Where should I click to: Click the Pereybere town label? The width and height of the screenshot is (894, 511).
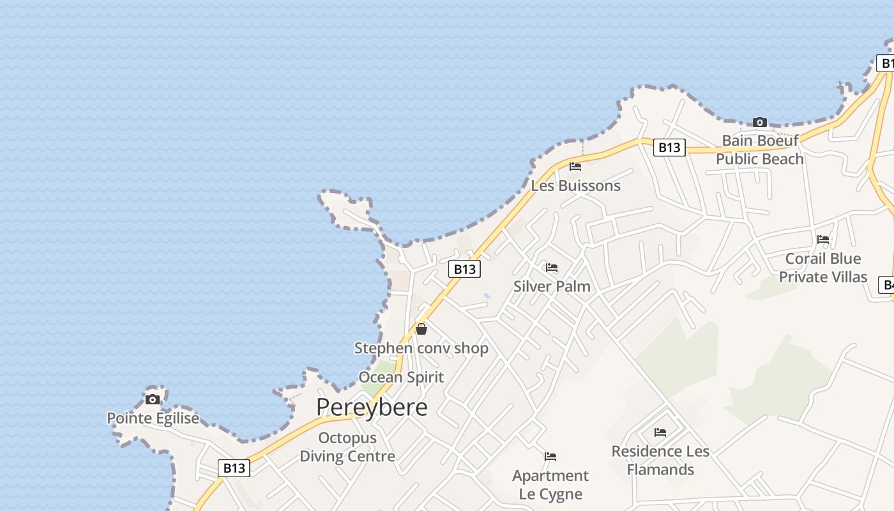coord(372,407)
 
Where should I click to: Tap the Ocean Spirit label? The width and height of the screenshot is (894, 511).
coord(401,377)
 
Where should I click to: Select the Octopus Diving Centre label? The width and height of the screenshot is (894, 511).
coord(347,447)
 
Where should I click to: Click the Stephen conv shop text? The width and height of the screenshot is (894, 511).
coord(421,348)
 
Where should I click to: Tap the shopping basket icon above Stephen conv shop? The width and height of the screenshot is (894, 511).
coord(421,329)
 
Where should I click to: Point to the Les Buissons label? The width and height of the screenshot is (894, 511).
coord(576,186)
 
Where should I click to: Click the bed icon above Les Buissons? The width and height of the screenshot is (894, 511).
coord(575,167)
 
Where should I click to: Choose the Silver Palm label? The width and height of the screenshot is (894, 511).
coord(552,286)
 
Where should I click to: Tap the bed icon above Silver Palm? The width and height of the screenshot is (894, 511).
coord(552,267)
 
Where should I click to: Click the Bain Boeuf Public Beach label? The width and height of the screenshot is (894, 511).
coord(760,149)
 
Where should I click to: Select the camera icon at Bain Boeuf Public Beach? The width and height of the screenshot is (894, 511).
coord(760,122)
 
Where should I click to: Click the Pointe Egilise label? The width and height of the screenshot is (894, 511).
coord(153,418)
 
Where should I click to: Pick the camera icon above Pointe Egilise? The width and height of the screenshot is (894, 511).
coord(153,399)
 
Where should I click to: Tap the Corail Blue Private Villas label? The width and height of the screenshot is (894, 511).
coord(823,268)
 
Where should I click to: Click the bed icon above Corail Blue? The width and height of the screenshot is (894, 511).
coord(823,240)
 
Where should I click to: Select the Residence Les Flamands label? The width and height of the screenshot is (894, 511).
coord(660,461)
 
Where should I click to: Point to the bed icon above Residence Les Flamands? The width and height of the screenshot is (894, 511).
coord(660,432)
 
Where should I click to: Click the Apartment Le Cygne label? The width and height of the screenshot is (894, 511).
coord(550,485)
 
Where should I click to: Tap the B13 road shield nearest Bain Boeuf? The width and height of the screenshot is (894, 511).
coord(669,148)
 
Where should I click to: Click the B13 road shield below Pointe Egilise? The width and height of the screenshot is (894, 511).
coord(234,468)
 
